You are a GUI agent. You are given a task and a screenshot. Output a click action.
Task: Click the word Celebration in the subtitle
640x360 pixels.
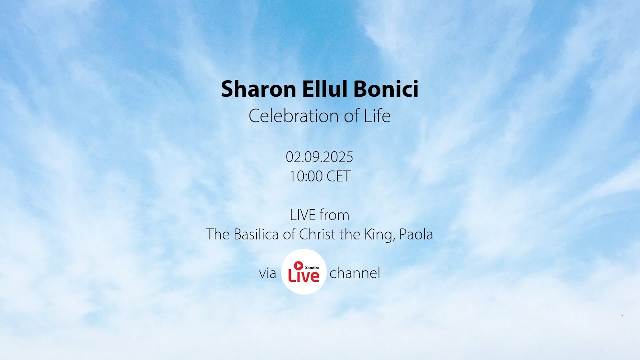coord(287,116)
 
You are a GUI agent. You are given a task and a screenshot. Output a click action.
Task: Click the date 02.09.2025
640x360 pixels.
coord(319,157)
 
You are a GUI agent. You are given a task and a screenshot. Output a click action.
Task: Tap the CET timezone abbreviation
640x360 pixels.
coord(338,176)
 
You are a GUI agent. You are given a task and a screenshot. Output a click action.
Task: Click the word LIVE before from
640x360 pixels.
coord(302,215)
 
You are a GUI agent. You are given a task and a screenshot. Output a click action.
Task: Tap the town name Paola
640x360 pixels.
coord(416,234)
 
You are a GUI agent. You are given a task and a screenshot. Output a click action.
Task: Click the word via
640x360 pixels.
coord(268,273)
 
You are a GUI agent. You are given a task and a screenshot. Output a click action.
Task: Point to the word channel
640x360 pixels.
coord(355,273)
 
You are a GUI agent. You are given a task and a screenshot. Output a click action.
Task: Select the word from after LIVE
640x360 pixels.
coord(334,215)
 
